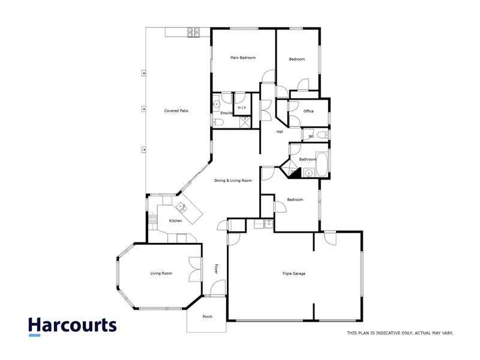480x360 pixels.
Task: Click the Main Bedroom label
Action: coord(244,58)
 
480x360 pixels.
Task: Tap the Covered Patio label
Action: coord(176,111)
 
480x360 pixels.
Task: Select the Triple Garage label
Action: coord(294,274)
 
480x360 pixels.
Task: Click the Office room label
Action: coord(308,111)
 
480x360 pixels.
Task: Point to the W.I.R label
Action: coord(242,108)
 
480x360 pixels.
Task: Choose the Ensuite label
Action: coord(226,113)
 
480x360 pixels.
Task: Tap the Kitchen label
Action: coord(175,221)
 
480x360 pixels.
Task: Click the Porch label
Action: coord(207,317)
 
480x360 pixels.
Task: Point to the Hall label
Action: coord(280,132)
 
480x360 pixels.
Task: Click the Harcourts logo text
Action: coord(72,326)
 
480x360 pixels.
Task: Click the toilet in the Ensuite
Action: coord(218,122)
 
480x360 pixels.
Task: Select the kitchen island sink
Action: coord(180,207)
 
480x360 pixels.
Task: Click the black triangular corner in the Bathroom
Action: coord(295,172)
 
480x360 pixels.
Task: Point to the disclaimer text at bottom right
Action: coord(400,332)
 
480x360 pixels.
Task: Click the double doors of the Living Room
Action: coord(194,269)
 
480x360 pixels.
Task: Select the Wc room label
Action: coord(311,137)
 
